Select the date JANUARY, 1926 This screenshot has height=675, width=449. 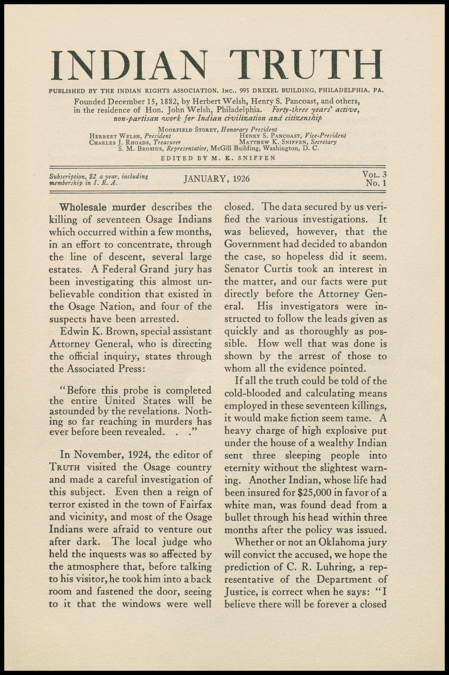[217, 179]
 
